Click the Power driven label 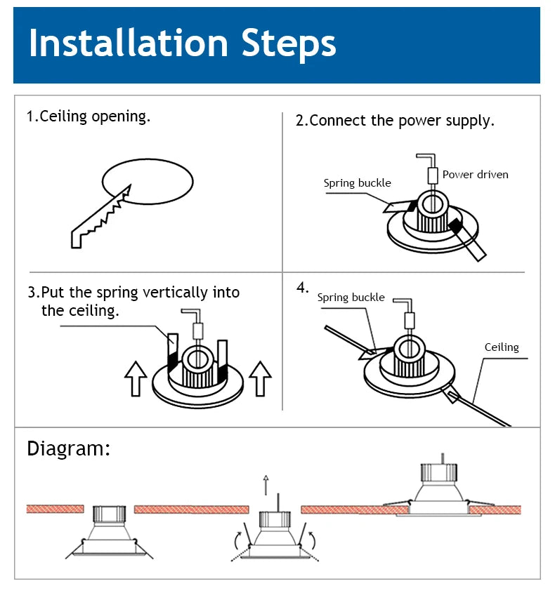pos(475,174)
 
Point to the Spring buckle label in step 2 pos(357,183)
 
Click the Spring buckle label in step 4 pos(351,298)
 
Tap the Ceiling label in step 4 pos(502,347)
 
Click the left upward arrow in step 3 pos(135,378)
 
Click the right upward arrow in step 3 pos(260,378)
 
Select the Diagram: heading pos(68,449)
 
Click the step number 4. pos(302,287)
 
